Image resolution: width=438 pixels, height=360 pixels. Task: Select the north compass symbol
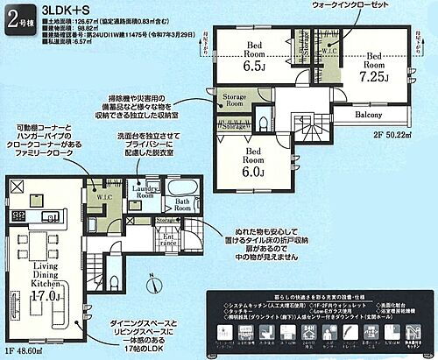(x=152, y=284)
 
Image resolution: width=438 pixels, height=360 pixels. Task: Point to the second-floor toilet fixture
(x=262, y=124)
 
